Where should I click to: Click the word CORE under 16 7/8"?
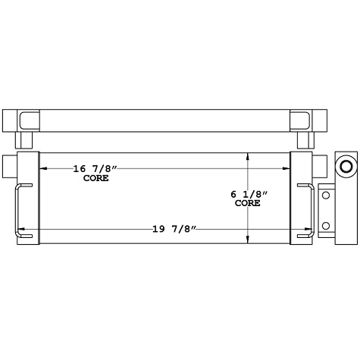(95, 178)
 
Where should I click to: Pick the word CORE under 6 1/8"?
(248, 203)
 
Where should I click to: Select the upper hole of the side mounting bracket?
(327, 196)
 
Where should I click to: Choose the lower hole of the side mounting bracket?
(327, 226)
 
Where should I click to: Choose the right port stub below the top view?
(303, 140)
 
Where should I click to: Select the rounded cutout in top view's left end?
(30, 120)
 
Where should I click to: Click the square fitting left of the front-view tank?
(10, 164)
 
